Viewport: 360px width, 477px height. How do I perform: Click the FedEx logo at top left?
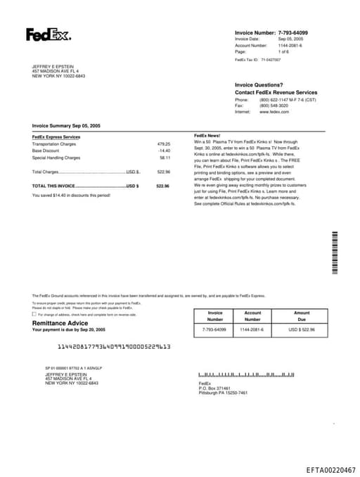click(48, 34)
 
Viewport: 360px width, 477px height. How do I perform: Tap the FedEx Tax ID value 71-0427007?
click(271, 61)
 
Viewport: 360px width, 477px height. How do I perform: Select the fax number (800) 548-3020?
click(274, 106)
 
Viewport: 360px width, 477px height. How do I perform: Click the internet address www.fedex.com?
click(274, 112)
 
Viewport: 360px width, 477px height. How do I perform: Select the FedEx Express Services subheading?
click(56, 136)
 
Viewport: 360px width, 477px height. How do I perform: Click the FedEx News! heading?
click(207, 135)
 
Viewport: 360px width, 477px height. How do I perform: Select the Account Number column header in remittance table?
click(252, 316)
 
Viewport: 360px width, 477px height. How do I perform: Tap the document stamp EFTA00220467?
click(330, 469)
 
